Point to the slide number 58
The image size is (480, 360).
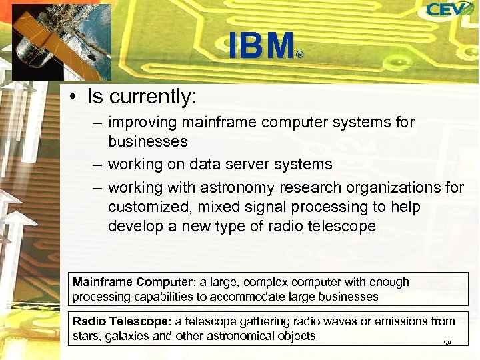point(447,343)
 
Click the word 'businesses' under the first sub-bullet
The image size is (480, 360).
point(147,141)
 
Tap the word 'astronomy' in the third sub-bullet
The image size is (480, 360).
point(231,187)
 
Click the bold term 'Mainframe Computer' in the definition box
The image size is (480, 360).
point(122,282)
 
